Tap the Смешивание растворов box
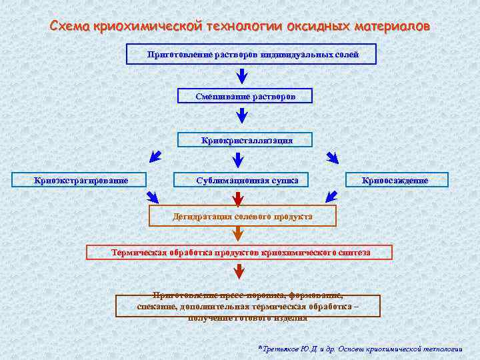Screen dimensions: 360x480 [x=245, y=97]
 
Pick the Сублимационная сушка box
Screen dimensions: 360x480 [x=243, y=180]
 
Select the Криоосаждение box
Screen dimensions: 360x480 [x=396, y=180]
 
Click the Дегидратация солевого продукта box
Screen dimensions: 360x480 [x=243, y=217]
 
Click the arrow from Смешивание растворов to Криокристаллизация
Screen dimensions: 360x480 [x=242, y=117]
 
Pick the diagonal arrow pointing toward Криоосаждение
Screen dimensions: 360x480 [x=331, y=157]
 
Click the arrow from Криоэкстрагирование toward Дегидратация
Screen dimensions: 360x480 [x=153, y=197]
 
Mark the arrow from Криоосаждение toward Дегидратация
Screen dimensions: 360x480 [x=331, y=197]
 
